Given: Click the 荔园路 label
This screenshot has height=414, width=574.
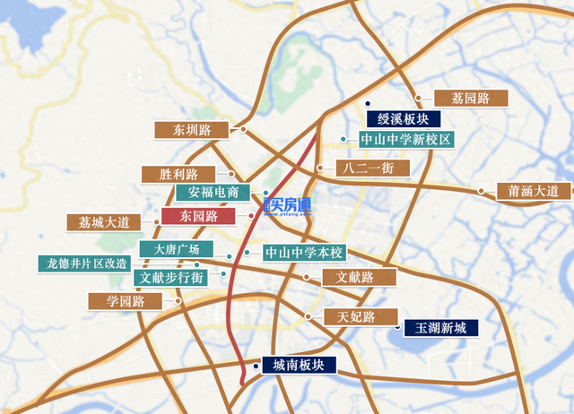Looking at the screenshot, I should coord(470,99).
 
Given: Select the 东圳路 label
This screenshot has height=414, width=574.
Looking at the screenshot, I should coord(193,130).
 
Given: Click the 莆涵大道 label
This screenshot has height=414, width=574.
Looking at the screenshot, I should coord(533,191).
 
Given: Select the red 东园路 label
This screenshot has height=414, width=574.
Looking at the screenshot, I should coord(198,216).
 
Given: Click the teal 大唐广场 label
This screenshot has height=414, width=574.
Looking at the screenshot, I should coord(176,248).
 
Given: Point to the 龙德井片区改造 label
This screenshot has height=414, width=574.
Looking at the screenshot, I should coord(87,263).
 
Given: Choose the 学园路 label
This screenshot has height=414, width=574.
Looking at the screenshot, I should coord(126,301).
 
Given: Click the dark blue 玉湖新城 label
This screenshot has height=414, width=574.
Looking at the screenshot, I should coord(440,328).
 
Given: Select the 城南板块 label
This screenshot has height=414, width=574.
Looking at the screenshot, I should coord(299,365).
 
